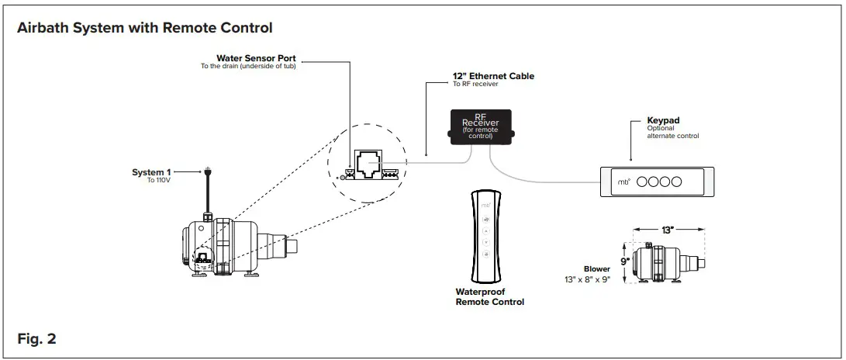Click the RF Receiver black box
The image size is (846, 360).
point(480,126)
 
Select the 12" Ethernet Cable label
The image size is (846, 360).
point(493,76)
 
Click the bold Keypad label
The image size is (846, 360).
point(664,121)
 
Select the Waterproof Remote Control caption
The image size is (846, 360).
point(489,297)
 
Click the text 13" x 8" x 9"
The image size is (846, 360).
point(587,279)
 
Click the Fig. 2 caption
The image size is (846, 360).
point(36,339)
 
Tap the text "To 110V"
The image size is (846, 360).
point(159,180)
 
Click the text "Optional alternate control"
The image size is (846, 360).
point(672,133)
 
